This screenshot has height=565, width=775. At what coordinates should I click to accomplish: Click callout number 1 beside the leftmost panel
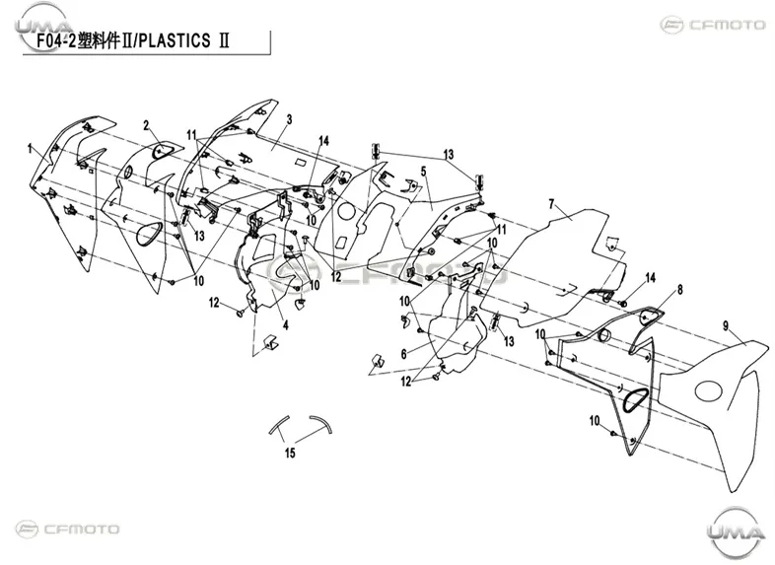(30, 148)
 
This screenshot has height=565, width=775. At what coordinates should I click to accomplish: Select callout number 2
(146, 125)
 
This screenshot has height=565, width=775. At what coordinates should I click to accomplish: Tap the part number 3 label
(289, 119)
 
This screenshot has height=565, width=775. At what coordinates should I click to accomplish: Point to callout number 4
(286, 324)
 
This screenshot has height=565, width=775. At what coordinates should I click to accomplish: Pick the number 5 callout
(424, 172)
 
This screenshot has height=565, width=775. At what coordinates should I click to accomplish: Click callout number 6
(404, 354)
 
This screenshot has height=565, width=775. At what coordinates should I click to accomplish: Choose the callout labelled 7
(551, 204)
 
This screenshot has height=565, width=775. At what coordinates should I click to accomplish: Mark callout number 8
(680, 289)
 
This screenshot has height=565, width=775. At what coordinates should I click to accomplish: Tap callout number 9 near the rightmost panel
(726, 325)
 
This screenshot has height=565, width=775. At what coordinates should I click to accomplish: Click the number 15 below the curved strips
(290, 453)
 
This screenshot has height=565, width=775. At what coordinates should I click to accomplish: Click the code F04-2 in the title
(56, 41)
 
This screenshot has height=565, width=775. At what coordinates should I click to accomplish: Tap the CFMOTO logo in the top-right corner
(713, 25)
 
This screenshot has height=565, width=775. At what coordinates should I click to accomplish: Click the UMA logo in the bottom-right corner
(736, 532)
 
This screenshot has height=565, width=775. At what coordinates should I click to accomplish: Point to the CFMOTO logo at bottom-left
(67, 529)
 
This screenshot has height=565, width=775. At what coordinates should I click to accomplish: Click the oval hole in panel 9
(709, 390)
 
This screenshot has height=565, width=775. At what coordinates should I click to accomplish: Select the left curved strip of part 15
(278, 424)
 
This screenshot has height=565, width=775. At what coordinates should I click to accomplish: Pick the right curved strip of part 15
(322, 423)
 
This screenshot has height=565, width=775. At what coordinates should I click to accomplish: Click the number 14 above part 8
(651, 278)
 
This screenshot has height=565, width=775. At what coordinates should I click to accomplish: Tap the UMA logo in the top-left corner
(43, 25)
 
